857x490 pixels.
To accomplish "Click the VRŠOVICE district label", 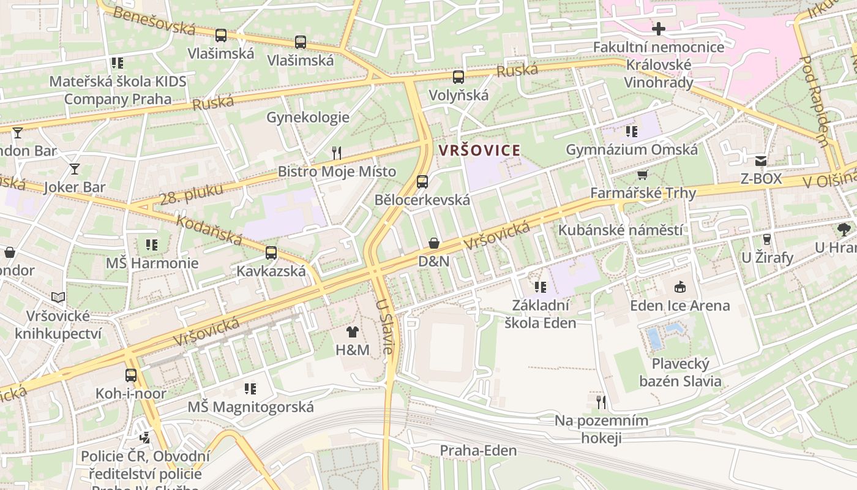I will [x=479, y=150].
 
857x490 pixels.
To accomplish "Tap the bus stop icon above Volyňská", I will [x=458, y=77].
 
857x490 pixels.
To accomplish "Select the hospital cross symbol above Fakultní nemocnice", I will [x=659, y=29].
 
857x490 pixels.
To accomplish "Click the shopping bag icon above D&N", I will [x=434, y=243].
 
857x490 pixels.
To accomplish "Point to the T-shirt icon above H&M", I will [x=353, y=332].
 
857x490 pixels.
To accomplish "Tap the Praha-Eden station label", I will [x=478, y=451].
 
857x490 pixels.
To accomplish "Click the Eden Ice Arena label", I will [x=679, y=305].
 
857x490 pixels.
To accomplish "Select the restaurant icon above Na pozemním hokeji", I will [x=601, y=402].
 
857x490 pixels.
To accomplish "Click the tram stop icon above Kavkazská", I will [x=271, y=252].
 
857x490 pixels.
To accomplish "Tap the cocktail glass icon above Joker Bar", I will [x=75, y=169].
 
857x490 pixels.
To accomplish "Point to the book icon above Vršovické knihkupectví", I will [x=58, y=298].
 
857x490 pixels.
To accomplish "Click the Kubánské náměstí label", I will [x=620, y=230].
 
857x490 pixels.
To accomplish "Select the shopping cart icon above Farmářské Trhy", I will [x=643, y=175].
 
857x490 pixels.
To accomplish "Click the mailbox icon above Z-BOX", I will [x=761, y=161].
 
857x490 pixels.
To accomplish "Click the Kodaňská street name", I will [x=209, y=230].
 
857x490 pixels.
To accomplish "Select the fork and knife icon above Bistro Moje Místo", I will [x=336, y=153].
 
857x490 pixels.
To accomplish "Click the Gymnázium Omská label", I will [x=631, y=149].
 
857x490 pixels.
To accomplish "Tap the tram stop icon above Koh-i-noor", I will [x=131, y=375].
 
